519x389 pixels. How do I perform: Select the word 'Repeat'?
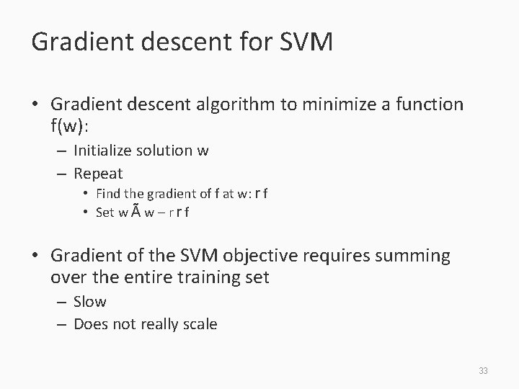pyautogui.click(x=99, y=174)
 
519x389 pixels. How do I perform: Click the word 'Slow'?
pyautogui.click(x=90, y=301)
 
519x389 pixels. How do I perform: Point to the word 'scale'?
pyautogui.click(x=200, y=324)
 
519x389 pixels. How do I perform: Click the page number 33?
pyautogui.click(x=483, y=371)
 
